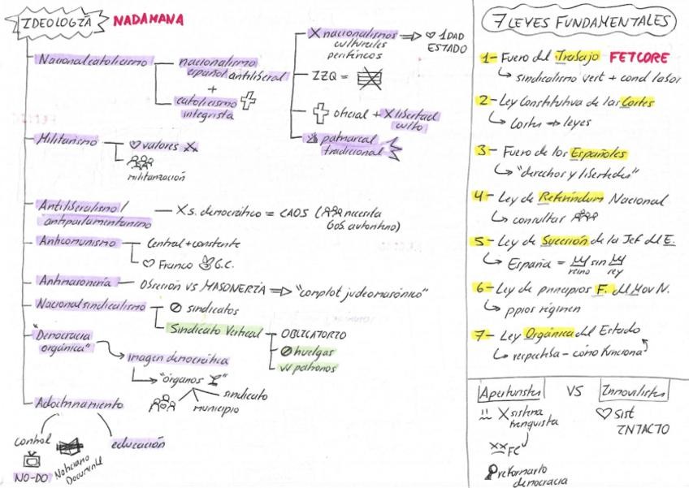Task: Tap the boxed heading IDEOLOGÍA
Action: coord(54,19)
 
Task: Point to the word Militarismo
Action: coord(67,140)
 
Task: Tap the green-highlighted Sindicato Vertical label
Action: coord(210,329)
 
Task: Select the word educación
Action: coord(140,444)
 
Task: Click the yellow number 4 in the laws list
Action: coord(485,197)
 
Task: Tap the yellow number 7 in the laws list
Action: coord(485,335)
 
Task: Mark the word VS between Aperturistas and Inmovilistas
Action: coord(574,391)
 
